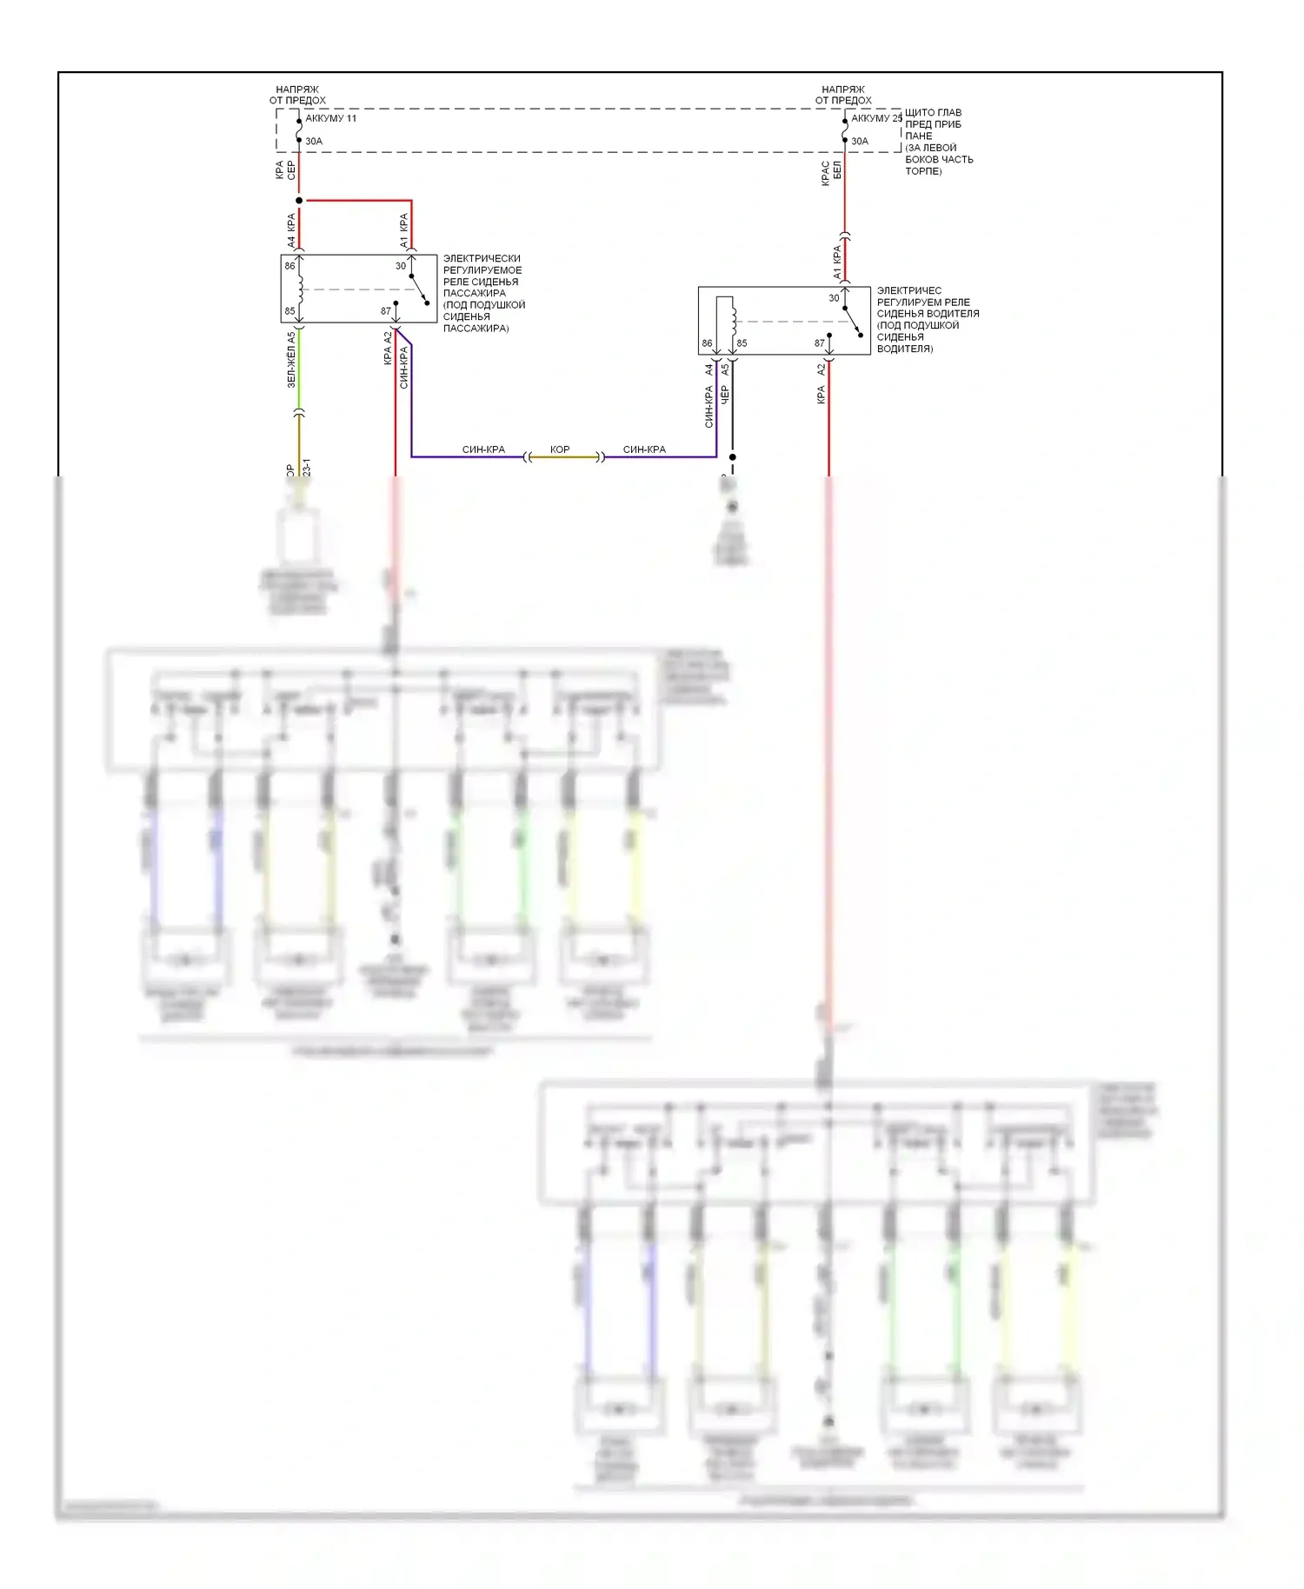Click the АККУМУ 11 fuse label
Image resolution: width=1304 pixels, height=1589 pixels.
point(330,118)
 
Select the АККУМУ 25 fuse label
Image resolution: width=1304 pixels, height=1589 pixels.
point(876,118)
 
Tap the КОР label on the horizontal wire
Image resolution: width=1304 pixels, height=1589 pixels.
point(560,449)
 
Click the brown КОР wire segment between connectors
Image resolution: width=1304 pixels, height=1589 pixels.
point(564,457)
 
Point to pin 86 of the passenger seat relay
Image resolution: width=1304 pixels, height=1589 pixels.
point(289,266)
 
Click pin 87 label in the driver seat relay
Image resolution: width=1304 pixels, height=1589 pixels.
point(819,343)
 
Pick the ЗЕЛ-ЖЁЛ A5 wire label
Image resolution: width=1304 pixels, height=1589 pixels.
point(291,360)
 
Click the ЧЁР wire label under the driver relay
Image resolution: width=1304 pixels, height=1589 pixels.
point(725,396)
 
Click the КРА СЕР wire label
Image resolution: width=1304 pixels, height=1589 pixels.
point(285,170)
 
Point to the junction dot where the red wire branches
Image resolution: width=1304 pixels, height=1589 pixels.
point(299,201)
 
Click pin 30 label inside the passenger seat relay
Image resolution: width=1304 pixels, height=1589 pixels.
point(401,266)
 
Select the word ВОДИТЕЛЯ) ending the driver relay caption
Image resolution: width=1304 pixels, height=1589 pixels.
point(904,349)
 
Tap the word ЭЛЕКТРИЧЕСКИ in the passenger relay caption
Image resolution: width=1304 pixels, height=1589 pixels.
point(482,258)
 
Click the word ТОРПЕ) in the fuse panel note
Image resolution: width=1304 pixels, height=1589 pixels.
point(923,171)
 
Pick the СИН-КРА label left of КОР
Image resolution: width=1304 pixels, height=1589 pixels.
point(483,449)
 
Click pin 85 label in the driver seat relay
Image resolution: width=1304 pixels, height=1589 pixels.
point(742,343)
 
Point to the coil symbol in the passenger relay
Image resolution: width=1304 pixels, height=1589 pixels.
point(301,289)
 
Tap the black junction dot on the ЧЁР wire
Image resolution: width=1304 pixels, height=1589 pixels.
point(733,457)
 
